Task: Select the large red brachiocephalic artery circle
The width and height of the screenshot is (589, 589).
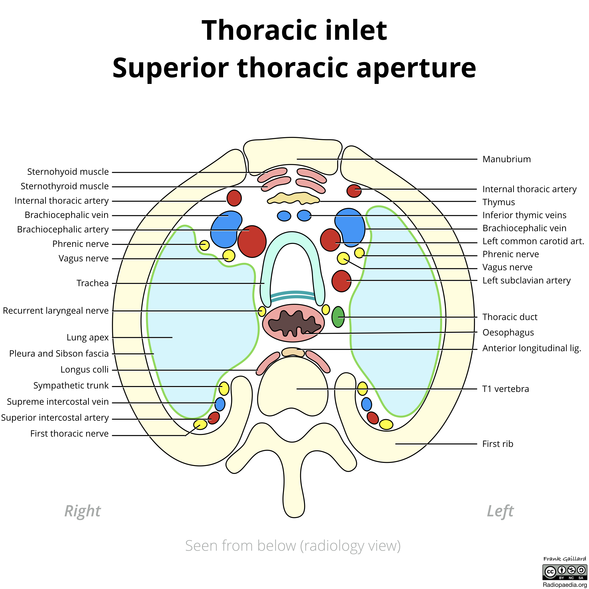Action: tap(252, 242)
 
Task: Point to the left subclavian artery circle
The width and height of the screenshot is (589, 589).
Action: tap(341, 281)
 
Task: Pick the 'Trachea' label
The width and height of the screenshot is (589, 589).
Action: tap(92, 283)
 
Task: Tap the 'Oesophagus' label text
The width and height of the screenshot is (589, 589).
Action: tap(508, 332)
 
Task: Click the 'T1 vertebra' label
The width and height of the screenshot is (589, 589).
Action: tap(506, 389)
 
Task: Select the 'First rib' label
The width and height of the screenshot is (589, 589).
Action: tap(497, 444)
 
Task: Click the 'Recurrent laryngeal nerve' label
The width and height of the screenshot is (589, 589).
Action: tap(56, 311)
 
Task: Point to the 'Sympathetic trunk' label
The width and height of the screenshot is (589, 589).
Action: tap(71, 386)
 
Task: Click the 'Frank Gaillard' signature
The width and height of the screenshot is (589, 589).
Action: tap(564, 559)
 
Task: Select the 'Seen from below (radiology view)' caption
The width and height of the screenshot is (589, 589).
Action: tap(293, 546)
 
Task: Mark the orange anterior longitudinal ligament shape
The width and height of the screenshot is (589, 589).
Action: tap(293, 352)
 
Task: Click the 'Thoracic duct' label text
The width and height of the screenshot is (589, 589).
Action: tap(510, 317)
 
